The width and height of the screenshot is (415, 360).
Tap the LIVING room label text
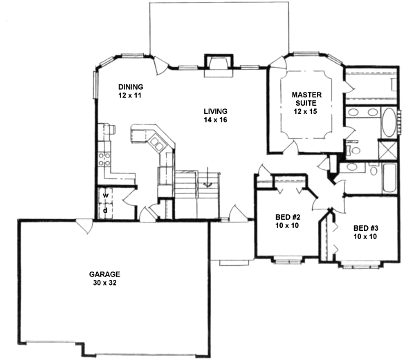[x=215, y=111]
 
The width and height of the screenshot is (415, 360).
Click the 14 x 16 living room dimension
[x=215, y=120]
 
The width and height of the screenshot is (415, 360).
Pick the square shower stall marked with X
[x=388, y=150]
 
